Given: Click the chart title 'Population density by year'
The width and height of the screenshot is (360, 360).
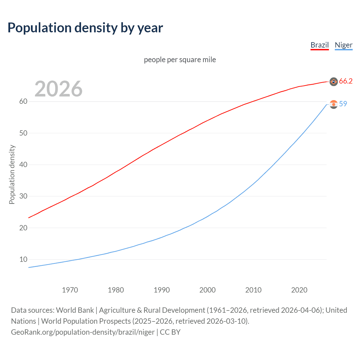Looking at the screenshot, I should pos(85,28).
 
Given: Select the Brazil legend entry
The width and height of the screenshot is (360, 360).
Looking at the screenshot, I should pos(319,45).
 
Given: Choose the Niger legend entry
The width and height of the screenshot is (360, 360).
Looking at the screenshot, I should pos(343,45).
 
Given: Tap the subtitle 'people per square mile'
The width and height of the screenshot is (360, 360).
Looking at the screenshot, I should pos(180,60).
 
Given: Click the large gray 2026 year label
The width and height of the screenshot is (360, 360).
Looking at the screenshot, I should pos(58,89).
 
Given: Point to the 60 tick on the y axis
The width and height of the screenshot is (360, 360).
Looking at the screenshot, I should pos(23,102).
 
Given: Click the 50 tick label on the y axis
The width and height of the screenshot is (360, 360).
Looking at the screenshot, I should pos(23,133).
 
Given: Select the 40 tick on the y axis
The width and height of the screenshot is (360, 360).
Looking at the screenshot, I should pos(23,165).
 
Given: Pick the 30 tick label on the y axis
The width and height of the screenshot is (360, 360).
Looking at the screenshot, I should pos(23,196).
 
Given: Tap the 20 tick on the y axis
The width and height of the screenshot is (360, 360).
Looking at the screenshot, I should pos(23,228).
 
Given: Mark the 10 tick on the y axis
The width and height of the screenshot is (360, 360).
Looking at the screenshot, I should pos(23,259).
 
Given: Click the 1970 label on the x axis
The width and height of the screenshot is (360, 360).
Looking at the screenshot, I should pos(70,290).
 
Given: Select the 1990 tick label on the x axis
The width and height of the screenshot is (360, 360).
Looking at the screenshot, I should pos(162,290).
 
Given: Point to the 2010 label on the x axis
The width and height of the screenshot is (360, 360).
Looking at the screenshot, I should pos(253,290).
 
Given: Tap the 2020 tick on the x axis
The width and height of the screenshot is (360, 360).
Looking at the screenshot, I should pos(299,290).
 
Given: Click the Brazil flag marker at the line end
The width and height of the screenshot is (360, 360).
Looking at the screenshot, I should pos(334,82).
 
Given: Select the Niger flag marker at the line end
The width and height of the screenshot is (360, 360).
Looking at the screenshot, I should pos(334,104).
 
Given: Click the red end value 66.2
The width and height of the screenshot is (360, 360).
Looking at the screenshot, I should pos(346,81).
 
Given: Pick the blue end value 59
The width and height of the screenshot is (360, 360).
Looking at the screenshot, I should pos(343,104).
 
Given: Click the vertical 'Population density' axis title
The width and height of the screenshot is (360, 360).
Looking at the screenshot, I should pos(12,174).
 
